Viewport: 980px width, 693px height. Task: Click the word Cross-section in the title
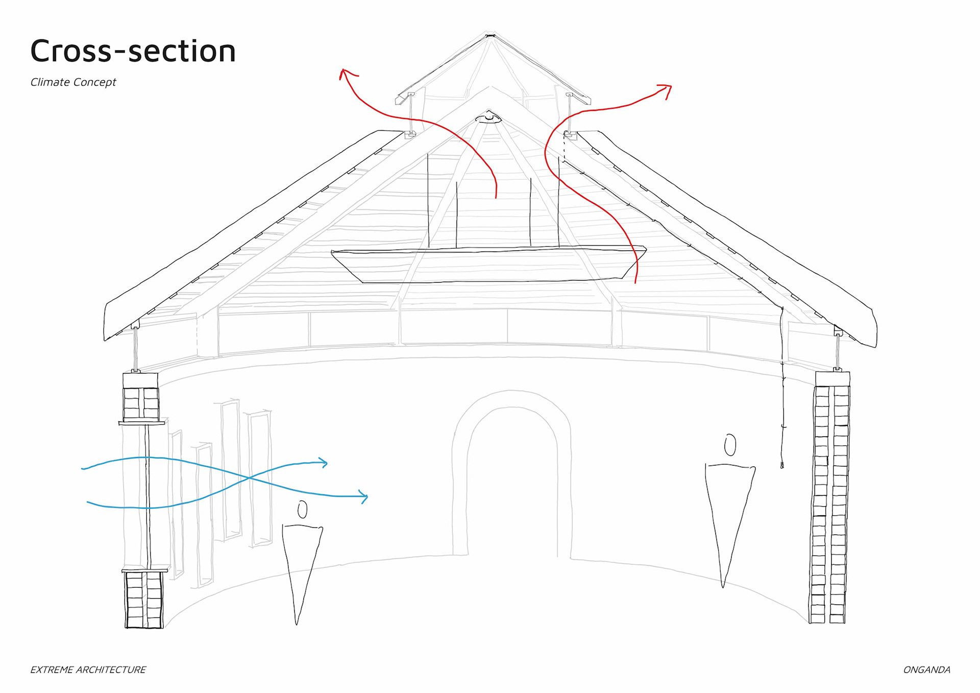pyautogui.click(x=133, y=51)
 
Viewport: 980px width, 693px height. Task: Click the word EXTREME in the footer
pyautogui.click(x=51, y=670)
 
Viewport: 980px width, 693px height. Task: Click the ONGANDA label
pyautogui.click(x=926, y=670)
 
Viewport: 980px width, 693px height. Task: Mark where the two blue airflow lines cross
pyautogui.click(x=249, y=478)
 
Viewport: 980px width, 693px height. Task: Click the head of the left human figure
pyautogui.click(x=303, y=509)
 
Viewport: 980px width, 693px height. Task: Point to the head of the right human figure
pyautogui.click(x=730, y=445)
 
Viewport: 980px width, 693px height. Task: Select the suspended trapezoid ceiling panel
pyautogui.click(x=488, y=265)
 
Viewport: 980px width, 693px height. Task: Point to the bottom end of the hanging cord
pyautogui.click(x=782, y=465)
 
